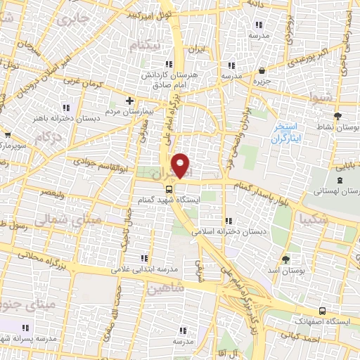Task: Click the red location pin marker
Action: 181,166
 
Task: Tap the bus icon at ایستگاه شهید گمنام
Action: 169,189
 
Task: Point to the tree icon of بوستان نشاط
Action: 338,117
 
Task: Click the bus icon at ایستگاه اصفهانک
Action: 322,310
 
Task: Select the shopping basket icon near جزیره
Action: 263,70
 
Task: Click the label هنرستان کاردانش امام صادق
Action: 160,79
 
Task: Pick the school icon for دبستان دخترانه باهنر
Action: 67,108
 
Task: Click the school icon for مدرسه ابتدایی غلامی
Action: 145,258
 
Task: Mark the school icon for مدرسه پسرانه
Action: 25,328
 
